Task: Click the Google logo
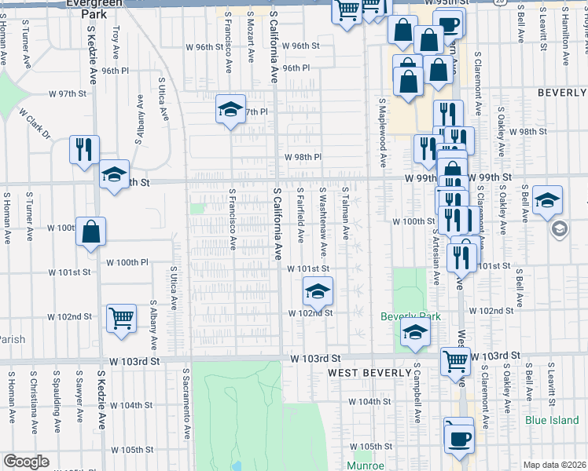point(26,462)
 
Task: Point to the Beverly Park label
point(410,316)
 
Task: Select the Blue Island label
point(553,420)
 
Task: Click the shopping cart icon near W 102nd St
point(121,319)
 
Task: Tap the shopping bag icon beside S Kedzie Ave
point(91,232)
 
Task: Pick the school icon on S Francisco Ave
point(231,109)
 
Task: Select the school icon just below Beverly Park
point(415,332)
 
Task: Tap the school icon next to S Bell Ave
point(546,199)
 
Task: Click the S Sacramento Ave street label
point(187,403)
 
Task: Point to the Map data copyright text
point(554,465)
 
